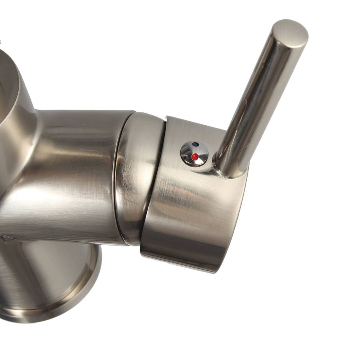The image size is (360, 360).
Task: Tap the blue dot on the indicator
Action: [195, 144]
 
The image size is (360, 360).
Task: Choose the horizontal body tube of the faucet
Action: [72, 172]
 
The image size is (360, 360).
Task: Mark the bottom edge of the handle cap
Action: [180, 260]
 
